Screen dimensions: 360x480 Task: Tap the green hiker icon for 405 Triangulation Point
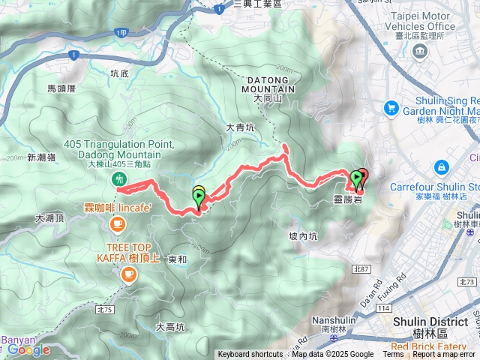click(118, 178)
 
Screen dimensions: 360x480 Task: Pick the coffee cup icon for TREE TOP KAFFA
click(128, 276)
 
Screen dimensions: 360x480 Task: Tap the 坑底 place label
click(119, 73)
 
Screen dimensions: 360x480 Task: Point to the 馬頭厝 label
click(62, 88)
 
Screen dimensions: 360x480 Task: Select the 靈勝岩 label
click(348, 200)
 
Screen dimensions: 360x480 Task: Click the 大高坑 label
click(170, 327)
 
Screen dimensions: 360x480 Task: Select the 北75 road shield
click(104, 308)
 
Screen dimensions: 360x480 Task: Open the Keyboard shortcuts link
click(250, 355)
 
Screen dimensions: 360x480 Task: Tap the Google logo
click(28, 349)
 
